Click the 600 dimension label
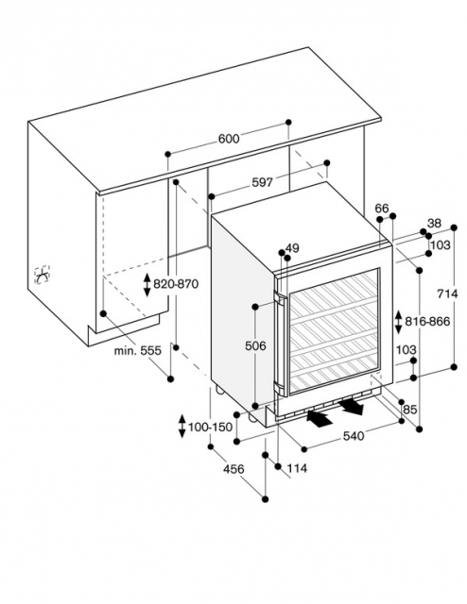(x=229, y=139)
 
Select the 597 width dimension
(x=263, y=182)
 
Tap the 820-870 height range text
(x=176, y=284)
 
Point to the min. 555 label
(x=137, y=350)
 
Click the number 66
(x=382, y=209)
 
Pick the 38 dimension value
(x=434, y=223)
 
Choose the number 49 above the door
(x=292, y=248)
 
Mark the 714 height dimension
(x=447, y=294)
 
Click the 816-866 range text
(x=427, y=321)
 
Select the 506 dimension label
(x=255, y=346)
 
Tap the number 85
(x=410, y=410)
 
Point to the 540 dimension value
(x=354, y=436)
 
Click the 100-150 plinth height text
(x=211, y=427)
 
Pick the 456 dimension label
(x=233, y=469)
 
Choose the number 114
(x=297, y=468)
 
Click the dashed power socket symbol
(x=43, y=275)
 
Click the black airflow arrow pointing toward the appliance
(x=320, y=419)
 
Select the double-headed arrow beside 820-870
(x=147, y=285)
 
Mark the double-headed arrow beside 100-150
(x=182, y=427)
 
